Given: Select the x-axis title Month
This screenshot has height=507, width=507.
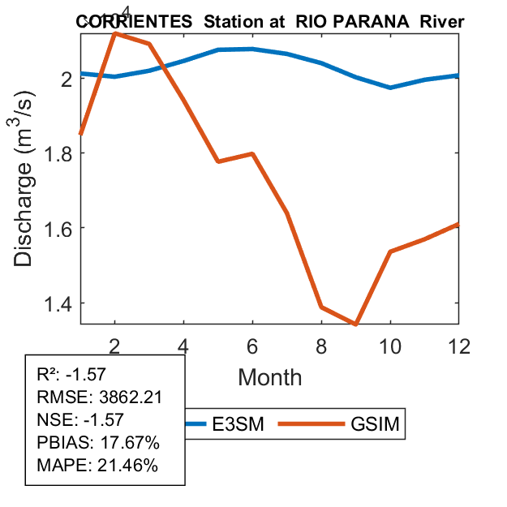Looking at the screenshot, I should click(x=270, y=377).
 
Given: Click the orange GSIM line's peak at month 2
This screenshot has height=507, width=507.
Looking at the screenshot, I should click(x=115, y=33).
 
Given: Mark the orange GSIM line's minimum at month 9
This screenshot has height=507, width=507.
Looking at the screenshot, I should click(x=355, y=324).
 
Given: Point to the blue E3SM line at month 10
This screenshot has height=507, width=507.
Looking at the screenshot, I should click(x=390, y=87).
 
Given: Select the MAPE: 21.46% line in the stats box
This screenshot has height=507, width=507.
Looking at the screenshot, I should click(x=98, y=466).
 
